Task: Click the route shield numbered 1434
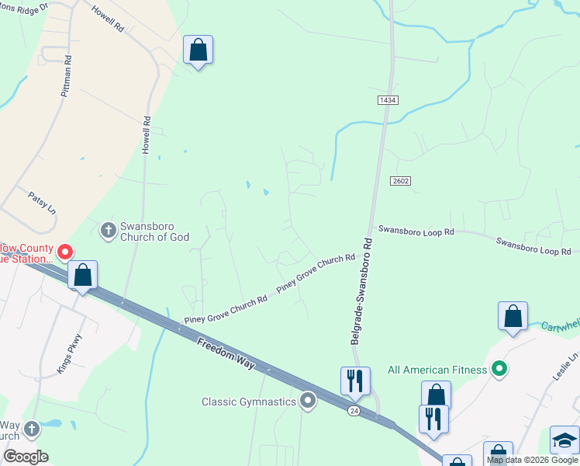388,101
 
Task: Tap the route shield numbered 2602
400,180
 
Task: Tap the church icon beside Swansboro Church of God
108,230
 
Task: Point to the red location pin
65,252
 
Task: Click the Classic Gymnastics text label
249,402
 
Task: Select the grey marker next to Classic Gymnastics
309,401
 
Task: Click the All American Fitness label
437,370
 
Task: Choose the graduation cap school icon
564,440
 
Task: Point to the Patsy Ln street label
43,203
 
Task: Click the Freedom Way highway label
226,353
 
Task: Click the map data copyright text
532,460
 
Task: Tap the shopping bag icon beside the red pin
82,276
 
